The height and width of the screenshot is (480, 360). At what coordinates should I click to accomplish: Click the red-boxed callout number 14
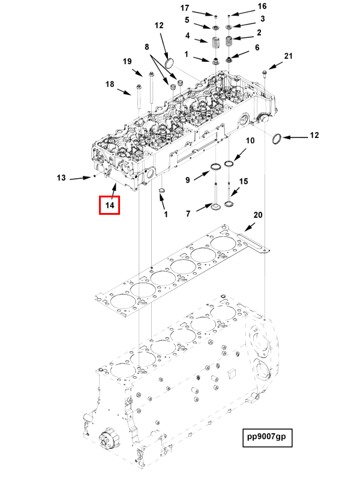click(x=110, y=205)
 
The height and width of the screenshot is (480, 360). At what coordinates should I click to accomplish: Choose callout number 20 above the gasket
click(x=258, y=215)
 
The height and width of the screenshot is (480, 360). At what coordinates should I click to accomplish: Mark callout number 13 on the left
click(x=61, y=178)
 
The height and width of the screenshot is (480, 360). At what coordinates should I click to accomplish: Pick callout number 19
click(x=127, y=62)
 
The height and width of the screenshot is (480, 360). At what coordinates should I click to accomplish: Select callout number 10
click(x=250, y=140)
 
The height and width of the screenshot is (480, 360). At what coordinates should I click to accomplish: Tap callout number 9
click(x=187, y=179)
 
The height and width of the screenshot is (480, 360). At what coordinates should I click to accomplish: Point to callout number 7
click(x=187, y=213)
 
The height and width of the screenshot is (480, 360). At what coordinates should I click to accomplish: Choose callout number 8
click(x=146, y=46)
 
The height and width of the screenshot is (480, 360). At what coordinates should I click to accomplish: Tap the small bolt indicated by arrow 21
click(x=265, y=74)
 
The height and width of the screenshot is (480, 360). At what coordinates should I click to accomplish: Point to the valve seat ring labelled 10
click(x=230, y=164)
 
